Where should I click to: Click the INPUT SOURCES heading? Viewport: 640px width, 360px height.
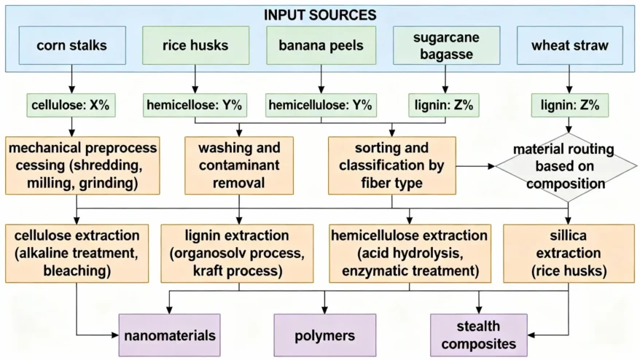(x=320, y=14)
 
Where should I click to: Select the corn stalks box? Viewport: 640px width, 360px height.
(x=71, y=45)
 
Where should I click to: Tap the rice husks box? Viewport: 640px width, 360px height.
(x=195, y=45)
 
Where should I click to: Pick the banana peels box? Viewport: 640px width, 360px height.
(x=321, y=45)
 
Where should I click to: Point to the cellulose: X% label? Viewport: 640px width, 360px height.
(x=71, y=106)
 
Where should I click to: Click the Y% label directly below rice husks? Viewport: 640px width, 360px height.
(x=195, y=106)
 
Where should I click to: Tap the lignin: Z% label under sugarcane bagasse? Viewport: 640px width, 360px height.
(x=445, y=106)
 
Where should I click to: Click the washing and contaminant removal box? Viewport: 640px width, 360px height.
(x=239, y=165)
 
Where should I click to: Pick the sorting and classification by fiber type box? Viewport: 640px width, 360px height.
(x=391, y=165)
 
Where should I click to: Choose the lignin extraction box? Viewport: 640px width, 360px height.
(x=237, y=253)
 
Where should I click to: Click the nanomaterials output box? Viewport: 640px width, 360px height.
(x=171, y=335)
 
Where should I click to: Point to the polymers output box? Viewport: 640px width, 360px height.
(x=325, y=335)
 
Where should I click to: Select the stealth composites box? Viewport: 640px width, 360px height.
(x=479, y=335)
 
